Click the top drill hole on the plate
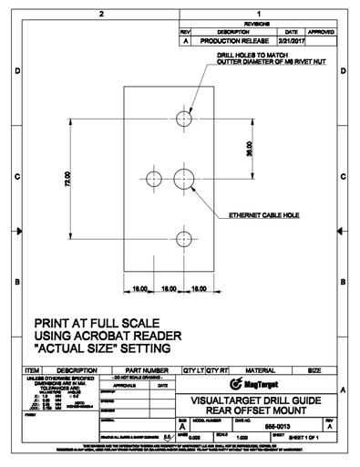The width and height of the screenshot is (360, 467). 182,119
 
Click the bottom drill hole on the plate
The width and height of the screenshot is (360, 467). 182,240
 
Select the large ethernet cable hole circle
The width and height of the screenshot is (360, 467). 182,177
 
